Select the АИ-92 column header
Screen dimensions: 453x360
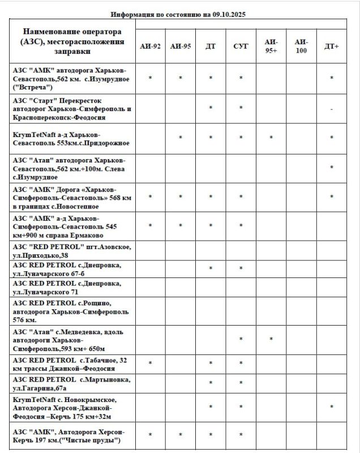[x=150, y=46]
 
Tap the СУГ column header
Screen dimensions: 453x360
[x=241, y=46]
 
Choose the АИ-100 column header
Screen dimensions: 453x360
[x=301, y=46]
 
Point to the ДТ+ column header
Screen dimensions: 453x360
[x=331, y=46]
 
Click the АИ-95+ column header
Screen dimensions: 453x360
[x=271, y=46]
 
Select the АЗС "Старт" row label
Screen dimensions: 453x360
[x=71, y=108]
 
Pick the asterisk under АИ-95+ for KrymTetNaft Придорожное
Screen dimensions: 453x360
[x=271, y=138]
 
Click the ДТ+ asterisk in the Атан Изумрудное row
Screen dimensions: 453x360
[x=331, y=168]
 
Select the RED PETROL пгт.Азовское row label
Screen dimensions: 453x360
[x=71, y=251]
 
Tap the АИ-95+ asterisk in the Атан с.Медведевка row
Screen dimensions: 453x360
[x=271, y=339]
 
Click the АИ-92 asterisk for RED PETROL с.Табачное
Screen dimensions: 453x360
[x=150, y=363]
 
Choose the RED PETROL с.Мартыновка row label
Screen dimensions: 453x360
[x=71, y=383]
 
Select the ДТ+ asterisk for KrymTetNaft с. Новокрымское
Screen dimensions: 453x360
[x=331, y=407]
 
